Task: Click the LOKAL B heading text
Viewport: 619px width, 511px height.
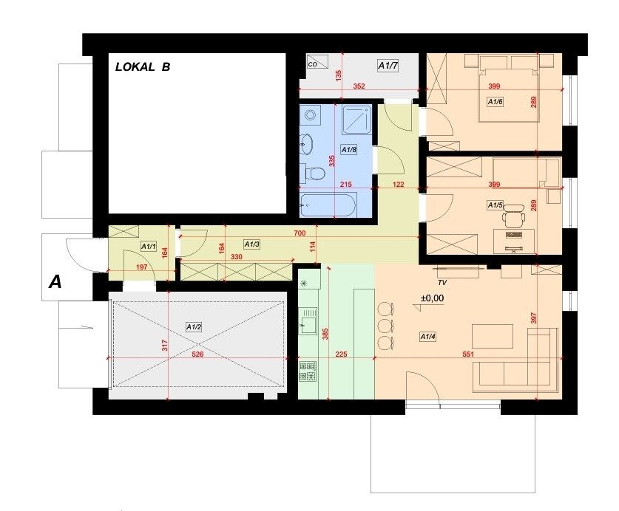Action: pyautogui.click(x=143, y=67)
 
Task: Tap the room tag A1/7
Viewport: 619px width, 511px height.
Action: pyautogui.click(x=388, y=66)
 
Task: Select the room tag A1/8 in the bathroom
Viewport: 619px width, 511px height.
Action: pyautogui.click(x=349, y=150)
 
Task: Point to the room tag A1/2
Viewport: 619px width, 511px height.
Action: pyautogui.click(x=194, y=327)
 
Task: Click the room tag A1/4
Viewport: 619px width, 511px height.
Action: pyautogui.click(x=428, y=337)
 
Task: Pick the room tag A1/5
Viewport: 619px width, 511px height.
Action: pyautogui.click(x=495, y=205)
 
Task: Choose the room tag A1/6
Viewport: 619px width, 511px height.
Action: pyautogui.click(x=495, y=102)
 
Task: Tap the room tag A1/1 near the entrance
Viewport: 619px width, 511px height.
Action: pyautogui.click(x=149, y=247)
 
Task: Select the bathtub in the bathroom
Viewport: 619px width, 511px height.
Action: pyautogui.click(x=328, y=205)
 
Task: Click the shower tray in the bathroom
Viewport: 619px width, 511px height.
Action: pyautogui.click(x=357, y=119)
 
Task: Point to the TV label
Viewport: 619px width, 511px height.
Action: pyautogui.click(x=442, y=283)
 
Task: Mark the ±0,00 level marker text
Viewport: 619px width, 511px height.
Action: pyautogui.click(x=433, y=298)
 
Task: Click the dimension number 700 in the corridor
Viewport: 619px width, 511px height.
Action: pyautogui.click(x=300, y=233)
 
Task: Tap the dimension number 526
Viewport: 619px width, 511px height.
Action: pyautogui.click(x=197, y=354)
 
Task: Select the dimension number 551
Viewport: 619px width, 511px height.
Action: pyautogui.click(x=468, y=354)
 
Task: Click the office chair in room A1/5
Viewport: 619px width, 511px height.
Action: pyautogui.click(x=513, y=216)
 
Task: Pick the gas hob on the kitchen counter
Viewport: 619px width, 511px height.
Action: pyautogui.click(x=308, y=371)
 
